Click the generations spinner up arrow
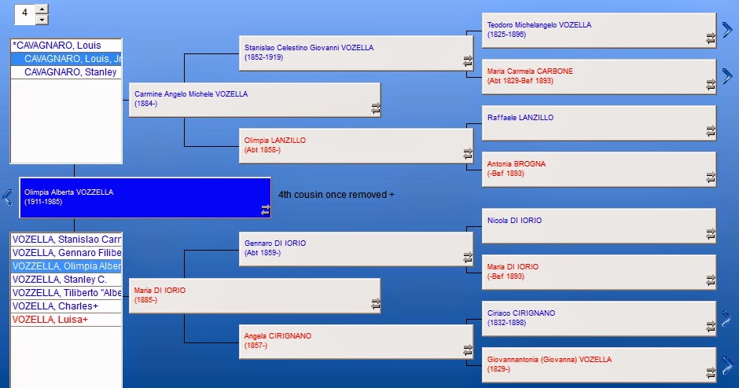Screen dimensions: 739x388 tap(42, 9)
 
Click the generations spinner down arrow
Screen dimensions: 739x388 tap(42, 20)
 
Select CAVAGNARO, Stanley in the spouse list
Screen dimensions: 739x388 tap(70, 72)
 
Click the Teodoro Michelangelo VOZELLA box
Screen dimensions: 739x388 tap(599, 30)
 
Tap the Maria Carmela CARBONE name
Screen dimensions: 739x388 tap(530, 71)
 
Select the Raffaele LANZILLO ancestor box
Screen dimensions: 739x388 tap(599, 123)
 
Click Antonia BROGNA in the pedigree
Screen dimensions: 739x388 tap(517, 164)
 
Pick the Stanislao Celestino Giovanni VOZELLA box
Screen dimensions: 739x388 tap(356, 53)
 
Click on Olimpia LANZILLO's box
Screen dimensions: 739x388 tap(356, 146)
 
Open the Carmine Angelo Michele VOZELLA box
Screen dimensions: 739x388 tap(255, 100)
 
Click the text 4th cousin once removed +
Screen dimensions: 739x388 tap(336, 195)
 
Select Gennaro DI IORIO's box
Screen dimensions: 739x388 tap(356, 249)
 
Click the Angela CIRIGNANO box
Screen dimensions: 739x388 tap(356, 342)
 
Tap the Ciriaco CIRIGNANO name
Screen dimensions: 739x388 tap(521, 313)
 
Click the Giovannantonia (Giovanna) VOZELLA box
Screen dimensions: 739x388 tap(599, 365)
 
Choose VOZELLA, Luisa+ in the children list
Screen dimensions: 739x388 tap(50, 319)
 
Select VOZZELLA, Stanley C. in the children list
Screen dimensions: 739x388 tap(60, 280)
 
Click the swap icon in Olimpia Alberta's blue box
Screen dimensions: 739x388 tap(266, 210)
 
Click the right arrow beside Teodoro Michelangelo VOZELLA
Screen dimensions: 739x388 tap(727, 30)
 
